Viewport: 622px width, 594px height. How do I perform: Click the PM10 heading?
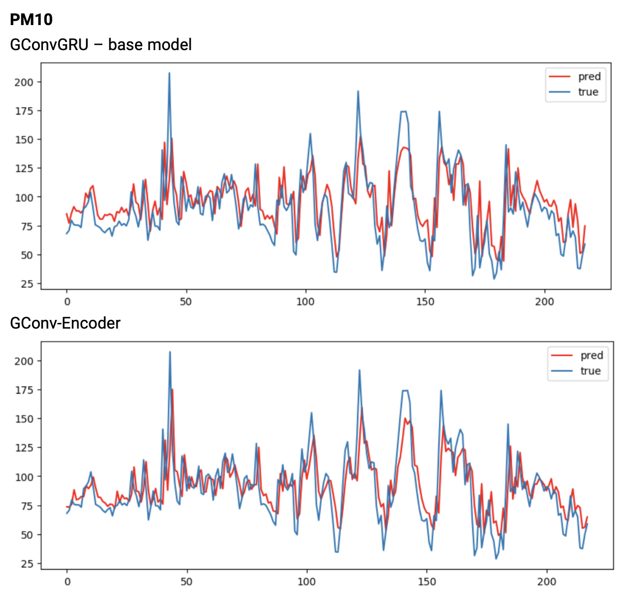[31, 20]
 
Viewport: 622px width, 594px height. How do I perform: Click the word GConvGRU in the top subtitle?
[49, 44]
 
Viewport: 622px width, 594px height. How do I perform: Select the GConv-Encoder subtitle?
[65, 323]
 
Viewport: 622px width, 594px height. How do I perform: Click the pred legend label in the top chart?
[589, 76]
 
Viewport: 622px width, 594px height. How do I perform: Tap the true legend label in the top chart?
[588, 92]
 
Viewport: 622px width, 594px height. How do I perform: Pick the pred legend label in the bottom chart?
[591, 355]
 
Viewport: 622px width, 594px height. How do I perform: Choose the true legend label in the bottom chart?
[590, 371]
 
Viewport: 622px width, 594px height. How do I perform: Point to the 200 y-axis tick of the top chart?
[25, 82]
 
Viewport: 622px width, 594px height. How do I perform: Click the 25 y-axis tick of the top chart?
[28, 284]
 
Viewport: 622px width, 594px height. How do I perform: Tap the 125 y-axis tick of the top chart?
[25, 168]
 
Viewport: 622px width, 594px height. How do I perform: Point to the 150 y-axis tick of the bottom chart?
[25, 419]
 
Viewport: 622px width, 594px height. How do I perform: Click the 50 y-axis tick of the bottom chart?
[28, 535]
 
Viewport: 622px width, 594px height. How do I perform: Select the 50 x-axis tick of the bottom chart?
[186, 581]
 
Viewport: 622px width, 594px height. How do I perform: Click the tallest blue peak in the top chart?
[169, 73]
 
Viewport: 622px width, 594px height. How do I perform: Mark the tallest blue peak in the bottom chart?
[170, 352]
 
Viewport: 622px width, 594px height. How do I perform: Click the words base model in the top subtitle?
[150, 44]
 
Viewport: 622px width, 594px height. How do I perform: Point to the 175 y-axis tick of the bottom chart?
[25, 390]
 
